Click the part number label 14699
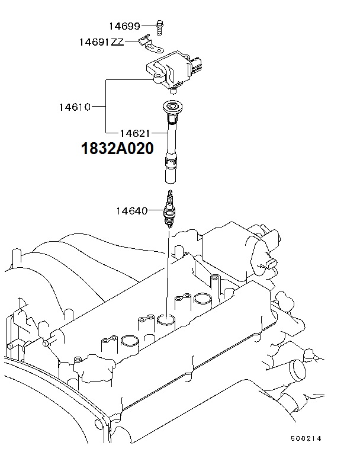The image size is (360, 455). pos(124,26)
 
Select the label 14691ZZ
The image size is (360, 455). pos(102,42)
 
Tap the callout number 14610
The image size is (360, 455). pos(75,107)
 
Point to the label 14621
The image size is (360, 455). pos(135,133)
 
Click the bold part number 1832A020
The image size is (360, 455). pos(117,148)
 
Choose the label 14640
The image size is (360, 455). pos(132,211)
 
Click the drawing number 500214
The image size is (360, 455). pos(306,438)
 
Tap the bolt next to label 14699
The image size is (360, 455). pos(159,28)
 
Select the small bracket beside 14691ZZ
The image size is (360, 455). pos(150,44)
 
